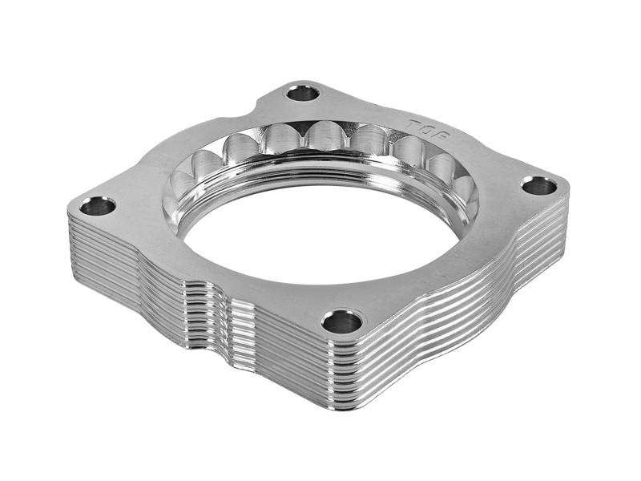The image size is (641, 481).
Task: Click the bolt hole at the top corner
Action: tap(303, 93)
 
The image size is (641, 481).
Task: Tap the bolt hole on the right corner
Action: tap(538, 186)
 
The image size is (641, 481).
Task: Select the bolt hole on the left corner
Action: tap(98, 206)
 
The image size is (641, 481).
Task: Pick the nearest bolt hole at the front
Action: tap(342, 321)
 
